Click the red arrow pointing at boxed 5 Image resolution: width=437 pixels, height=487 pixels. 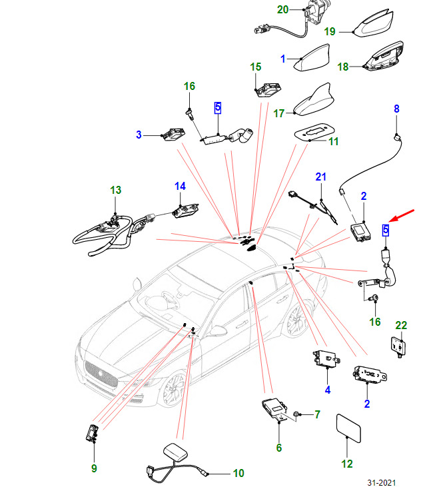point(402,215)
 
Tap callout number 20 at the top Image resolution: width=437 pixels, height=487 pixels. point(283,9)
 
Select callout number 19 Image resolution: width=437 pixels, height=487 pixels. point(330,31)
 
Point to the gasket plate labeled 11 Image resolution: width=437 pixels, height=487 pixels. point(312,131)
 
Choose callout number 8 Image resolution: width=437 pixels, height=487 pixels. point(396,109)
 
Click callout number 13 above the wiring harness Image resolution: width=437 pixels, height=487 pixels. point(116,191)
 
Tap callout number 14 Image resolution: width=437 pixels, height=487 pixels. point(181,186)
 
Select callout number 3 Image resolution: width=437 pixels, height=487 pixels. point(139,135)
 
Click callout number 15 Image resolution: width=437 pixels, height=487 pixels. point(256,67)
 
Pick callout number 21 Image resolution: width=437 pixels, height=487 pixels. point(321,177)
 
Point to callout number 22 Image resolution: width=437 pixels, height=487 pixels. point(401,325)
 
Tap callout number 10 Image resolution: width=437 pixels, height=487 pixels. point(238,474)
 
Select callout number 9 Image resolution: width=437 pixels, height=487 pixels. point(94,468)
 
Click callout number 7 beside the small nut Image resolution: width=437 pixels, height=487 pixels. point(317,414)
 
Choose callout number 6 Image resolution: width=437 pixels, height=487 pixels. point(279,448)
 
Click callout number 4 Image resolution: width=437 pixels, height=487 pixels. point(328,389)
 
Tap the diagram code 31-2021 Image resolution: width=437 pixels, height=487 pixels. point(387,482)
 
